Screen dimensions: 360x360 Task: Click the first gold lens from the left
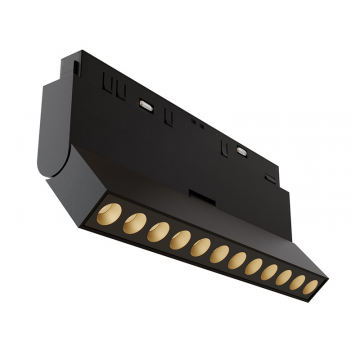pos(111,218)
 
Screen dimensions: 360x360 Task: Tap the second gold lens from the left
pos(133,224)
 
